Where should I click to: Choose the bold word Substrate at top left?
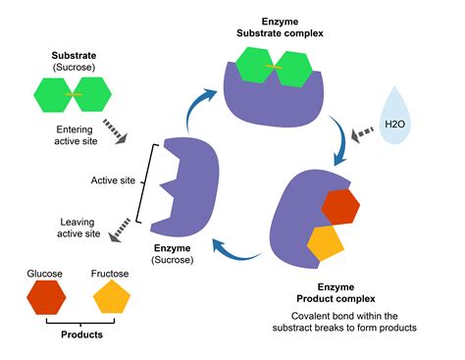coord(74,57)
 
